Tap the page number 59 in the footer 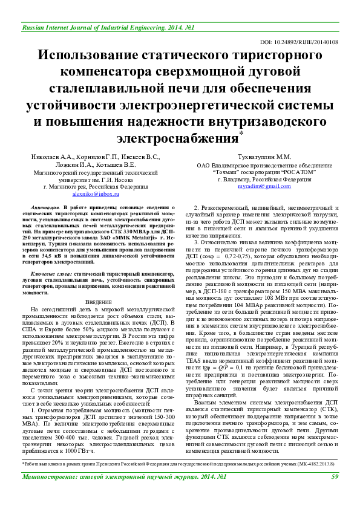coord(335,493)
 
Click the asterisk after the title coord(241,132)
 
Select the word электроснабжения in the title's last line coord(177,138)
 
